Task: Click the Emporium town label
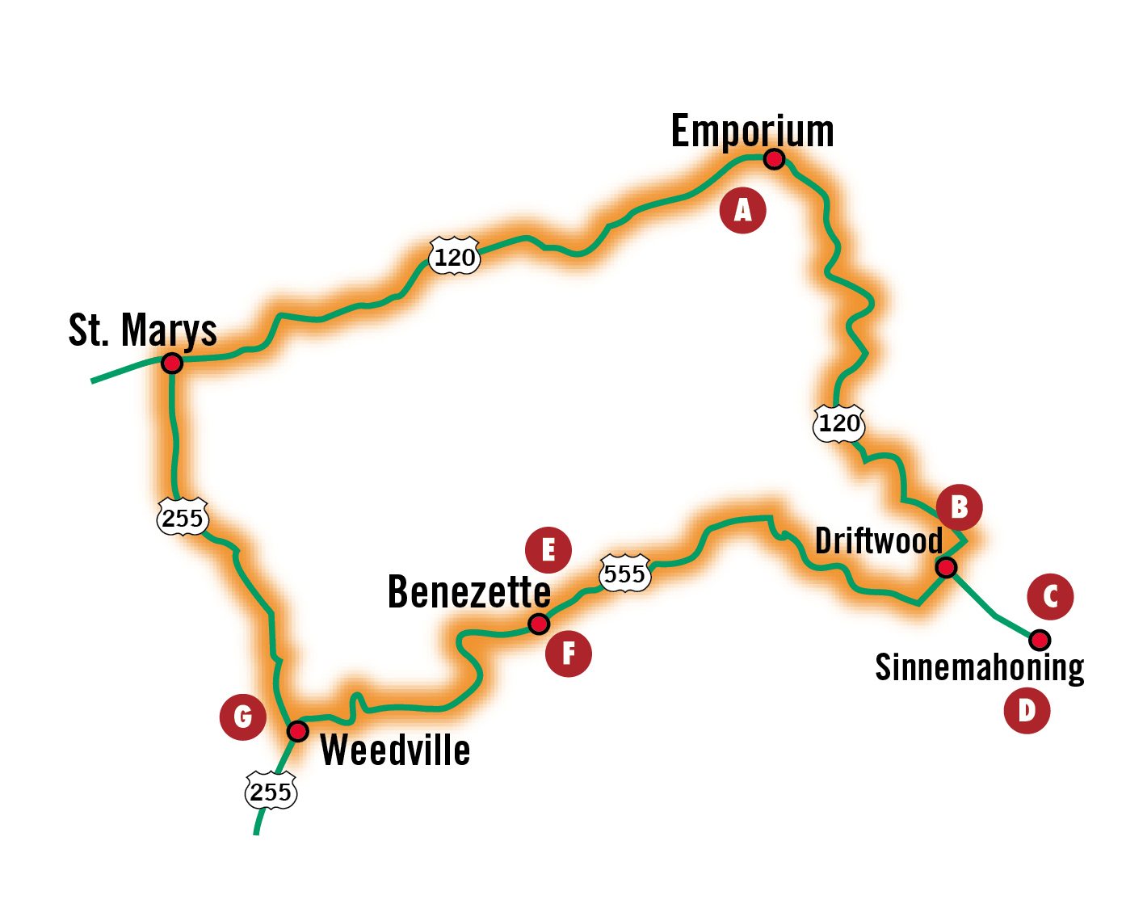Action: coord(752,132)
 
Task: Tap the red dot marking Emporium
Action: coord(774,159)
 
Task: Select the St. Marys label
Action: coord(143,330)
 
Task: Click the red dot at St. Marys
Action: coord(171,364)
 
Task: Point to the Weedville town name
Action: coord(395,750)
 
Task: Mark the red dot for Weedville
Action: coord(298,731)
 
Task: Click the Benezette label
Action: coord(469,592)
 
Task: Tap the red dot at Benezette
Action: coord(539,624)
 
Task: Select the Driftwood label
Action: coord(879,540)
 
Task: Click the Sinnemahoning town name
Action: coord(979,668)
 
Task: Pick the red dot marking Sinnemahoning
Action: coord(1040,640)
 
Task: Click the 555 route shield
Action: coord(624,574)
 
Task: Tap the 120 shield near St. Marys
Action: coord(454,257)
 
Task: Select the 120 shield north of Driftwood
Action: coord(839,422)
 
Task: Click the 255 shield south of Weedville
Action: coord(271,792)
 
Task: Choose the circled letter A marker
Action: coord(742,210)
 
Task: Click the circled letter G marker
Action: coord(242,717)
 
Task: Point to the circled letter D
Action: coord(1027,711)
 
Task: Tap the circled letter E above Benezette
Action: coord(548,550)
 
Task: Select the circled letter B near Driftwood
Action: coord(959,507)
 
